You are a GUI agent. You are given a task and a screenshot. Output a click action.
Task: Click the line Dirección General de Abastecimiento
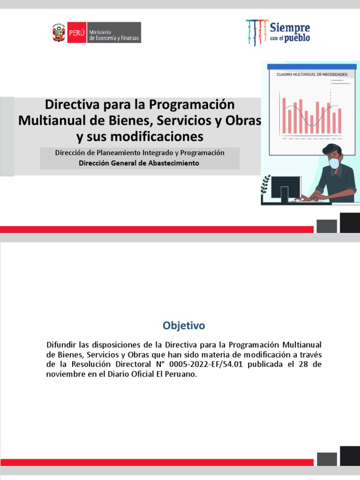[140, 163]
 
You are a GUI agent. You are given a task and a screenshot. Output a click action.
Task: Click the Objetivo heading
[184, 325]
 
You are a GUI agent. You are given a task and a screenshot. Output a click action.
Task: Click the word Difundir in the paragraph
[61, 345]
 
